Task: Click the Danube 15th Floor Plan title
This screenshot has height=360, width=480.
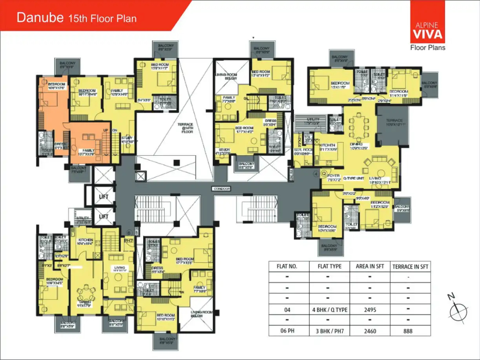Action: [77, 18]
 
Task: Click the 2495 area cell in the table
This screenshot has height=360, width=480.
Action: [370, 310]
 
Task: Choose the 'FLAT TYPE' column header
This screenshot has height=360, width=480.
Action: [329, 266]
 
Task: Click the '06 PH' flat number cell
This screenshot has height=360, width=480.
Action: [288, 331]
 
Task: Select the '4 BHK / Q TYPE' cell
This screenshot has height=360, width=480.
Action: [329, 310]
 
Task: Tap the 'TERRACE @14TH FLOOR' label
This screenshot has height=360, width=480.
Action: [185, 128]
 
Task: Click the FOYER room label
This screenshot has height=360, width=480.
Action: [333, 176]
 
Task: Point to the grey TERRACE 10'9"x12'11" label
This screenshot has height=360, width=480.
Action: [394, 123]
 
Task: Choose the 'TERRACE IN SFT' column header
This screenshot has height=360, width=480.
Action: [410, 267]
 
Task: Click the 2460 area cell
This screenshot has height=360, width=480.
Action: [370, 331]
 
